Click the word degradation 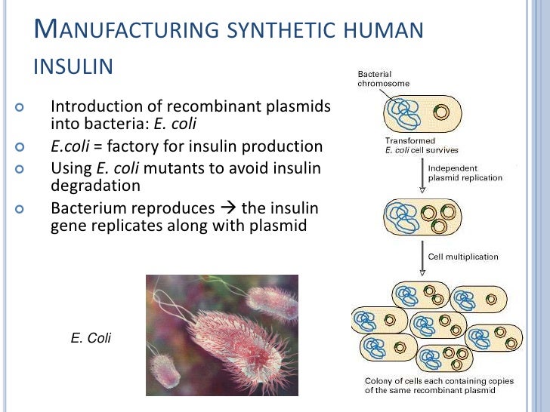click(x=95, y=185)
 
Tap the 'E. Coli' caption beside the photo click(x=90, y=338)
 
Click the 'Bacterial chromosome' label click(x=384, y=79)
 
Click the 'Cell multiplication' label click(x=463, y=257)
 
